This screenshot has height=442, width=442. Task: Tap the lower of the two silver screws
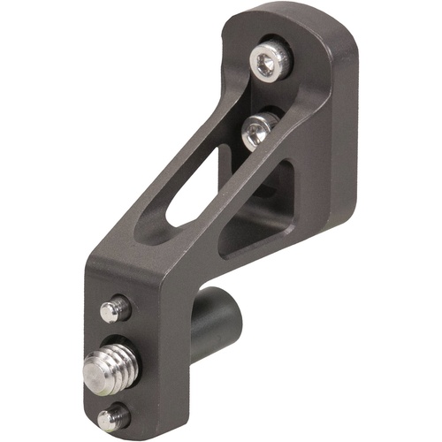coord(255,132)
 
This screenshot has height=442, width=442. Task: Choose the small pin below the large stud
coord(115,416)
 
